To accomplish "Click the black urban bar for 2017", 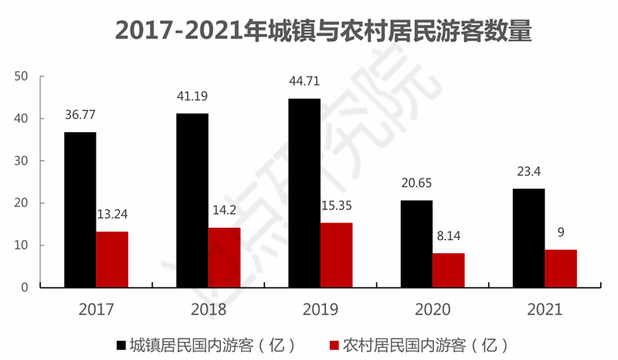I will (x=80, y=209).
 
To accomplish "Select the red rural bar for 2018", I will (x=224, y=257).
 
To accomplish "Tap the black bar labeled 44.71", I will (x=304, y=193).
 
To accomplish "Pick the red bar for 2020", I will (x=449, y=270).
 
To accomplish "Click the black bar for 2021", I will (x=529, y=238).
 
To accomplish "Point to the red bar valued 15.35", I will (x=336, y=255).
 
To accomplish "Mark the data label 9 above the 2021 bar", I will (x=561, y=233).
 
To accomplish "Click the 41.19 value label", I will (x=192, y=97).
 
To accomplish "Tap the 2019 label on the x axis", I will (x=321, y=310).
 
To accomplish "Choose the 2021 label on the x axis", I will (x=545, y=310).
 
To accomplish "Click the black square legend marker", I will (x=121, y=344).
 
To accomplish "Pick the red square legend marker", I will (x=334, y=344).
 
